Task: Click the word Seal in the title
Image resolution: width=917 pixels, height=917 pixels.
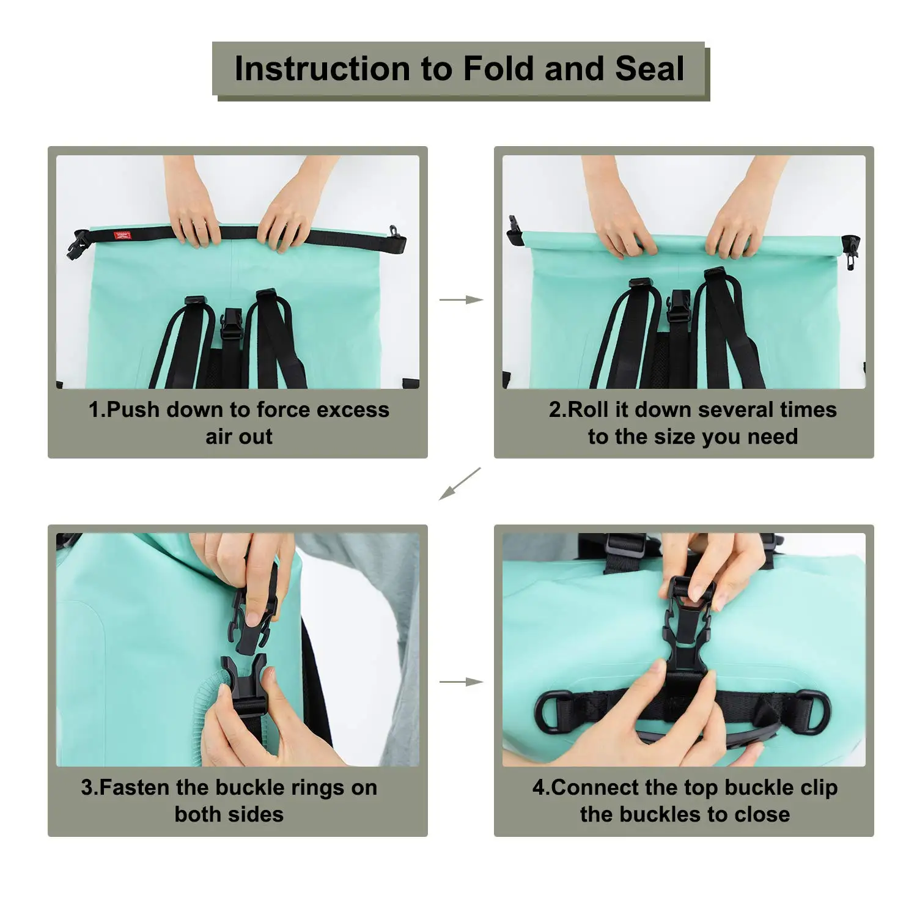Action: click(x=650, y=68)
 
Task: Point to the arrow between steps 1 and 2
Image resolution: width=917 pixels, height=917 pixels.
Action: click(x=461, y=300)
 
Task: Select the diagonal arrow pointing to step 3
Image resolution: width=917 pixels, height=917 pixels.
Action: click(x=460, y=484)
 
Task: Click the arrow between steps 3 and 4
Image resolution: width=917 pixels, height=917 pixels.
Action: click(x=461, y=682)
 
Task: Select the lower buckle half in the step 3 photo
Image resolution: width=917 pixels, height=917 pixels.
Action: click(x=245, y=685)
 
